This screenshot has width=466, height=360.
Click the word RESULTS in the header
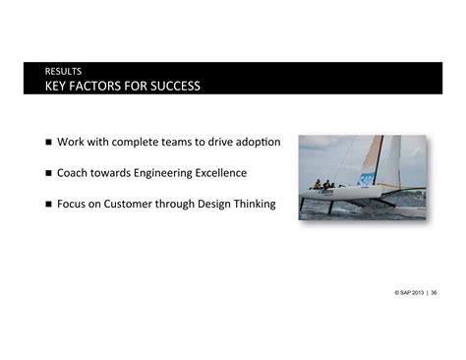point(62,71)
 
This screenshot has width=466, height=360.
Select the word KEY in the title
point(58,86)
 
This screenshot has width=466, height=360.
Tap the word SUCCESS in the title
point(170,86)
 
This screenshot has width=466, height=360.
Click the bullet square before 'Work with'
point(48,144)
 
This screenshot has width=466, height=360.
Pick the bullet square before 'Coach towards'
point(48,174)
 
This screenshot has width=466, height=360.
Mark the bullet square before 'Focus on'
point(48,205)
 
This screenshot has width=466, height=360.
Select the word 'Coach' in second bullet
point(75,173)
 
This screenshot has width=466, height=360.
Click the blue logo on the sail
point(366,179)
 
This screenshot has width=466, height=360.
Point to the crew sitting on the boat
point(323,184)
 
